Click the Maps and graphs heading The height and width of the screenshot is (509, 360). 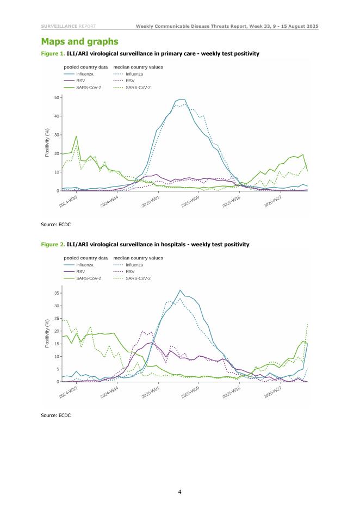coord(79,42)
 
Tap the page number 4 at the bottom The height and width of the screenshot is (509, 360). coord(180,492)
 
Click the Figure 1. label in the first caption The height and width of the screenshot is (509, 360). coord(53,54)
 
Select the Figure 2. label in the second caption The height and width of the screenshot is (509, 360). coord(53,245)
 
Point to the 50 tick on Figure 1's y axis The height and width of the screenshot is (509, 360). coord(57,97)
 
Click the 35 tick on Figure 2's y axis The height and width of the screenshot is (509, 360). coord(57,293)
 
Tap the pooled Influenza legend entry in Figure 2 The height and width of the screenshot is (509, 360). coord(84,265)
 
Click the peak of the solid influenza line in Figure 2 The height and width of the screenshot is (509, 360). coord(180,290)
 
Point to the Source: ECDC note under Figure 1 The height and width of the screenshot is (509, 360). coord(56,224)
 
